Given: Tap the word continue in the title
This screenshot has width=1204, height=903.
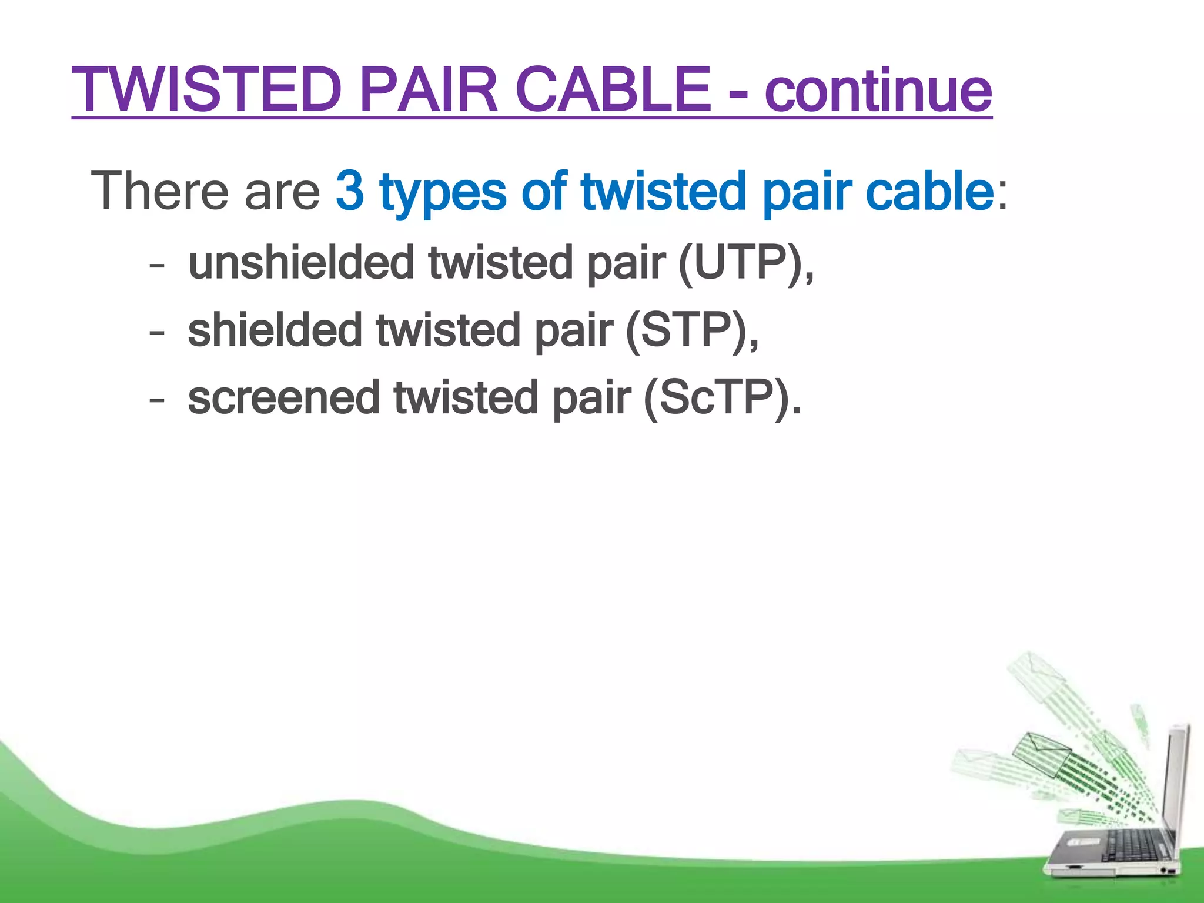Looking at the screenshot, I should point(878,91).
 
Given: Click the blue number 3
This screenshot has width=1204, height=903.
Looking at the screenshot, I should point(350,190).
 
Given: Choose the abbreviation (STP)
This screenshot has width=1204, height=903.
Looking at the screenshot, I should point(691,330).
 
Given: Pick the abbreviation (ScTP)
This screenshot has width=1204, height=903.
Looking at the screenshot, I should point(722,398).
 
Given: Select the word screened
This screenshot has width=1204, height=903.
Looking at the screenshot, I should point(284,398).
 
